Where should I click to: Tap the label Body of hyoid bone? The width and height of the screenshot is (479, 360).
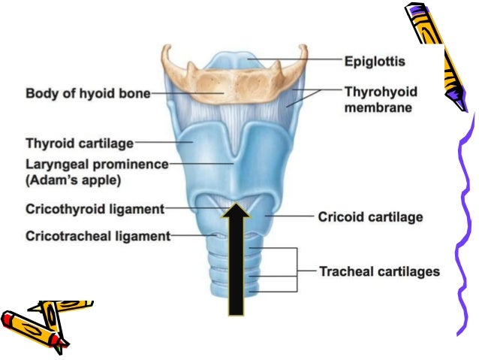click(88, 94)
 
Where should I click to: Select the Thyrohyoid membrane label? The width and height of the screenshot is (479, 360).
click(381, 100)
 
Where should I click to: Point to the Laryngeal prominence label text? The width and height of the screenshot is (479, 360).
click(97, 164)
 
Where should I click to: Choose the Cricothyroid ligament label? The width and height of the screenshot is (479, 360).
click(94, 208)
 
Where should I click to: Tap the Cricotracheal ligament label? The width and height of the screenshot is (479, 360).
click(98, 235)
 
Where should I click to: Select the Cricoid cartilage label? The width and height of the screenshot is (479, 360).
click(371, 217)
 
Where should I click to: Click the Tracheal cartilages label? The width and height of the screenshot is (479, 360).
click(379, 271)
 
